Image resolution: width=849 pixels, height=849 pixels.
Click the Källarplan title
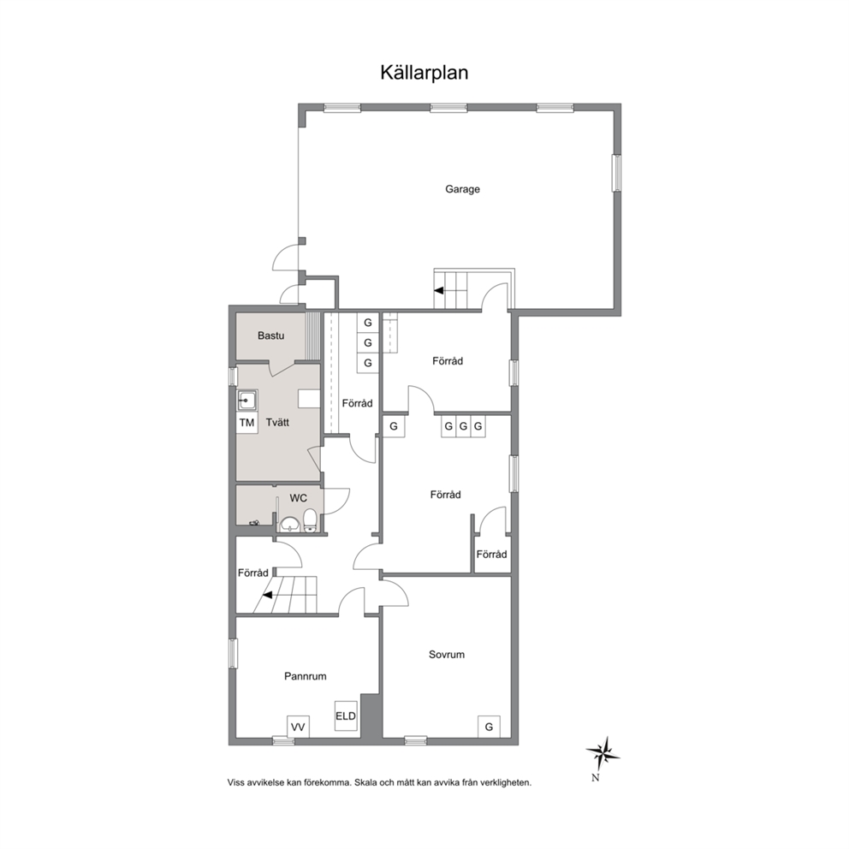pos(424,73)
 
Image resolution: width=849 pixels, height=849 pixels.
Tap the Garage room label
pos(462,189)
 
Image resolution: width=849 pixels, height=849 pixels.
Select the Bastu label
pos(270,335)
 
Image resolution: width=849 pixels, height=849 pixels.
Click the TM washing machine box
pos(246,422)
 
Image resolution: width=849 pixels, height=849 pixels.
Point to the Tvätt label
pos(278,422)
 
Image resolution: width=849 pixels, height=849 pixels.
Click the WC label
pos(299,498)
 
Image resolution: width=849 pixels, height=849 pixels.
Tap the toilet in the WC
pos(311,520)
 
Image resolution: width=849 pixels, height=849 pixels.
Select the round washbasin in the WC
pos(291,524)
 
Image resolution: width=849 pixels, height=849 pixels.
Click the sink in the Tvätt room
pos(246,401)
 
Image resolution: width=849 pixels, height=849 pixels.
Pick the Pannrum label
pos(306,676)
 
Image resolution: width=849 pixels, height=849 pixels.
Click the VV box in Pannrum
pos(298,727)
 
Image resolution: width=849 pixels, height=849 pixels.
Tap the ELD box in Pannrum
pos(346,716)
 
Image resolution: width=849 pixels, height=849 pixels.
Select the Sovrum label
pos(447,655)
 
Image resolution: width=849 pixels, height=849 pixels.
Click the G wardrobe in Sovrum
pos(489,727)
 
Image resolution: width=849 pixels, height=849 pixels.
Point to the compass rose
pos(603,753)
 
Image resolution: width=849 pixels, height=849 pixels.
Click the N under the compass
pos(596,778)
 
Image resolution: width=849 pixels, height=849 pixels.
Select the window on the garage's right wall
pos(616,173)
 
